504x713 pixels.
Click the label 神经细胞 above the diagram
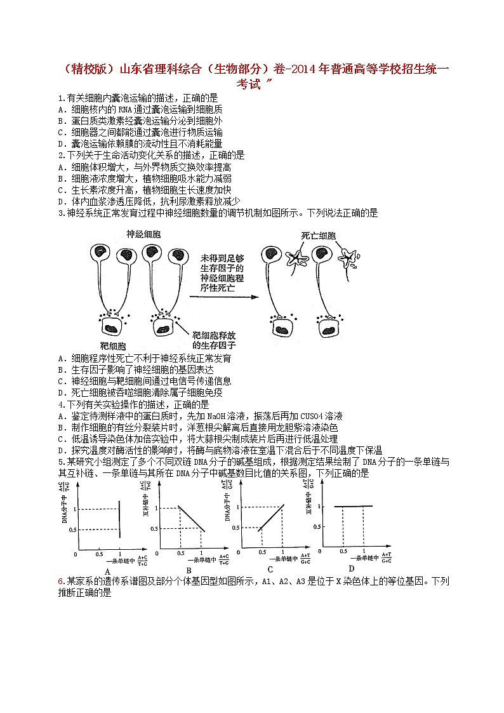[x=143, y=235]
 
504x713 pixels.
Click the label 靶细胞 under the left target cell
[x=113, y=346]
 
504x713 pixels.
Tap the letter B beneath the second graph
[x=189, y=570]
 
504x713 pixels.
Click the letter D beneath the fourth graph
[x=351, y=568]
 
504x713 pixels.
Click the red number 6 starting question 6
[x=60, y=582]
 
